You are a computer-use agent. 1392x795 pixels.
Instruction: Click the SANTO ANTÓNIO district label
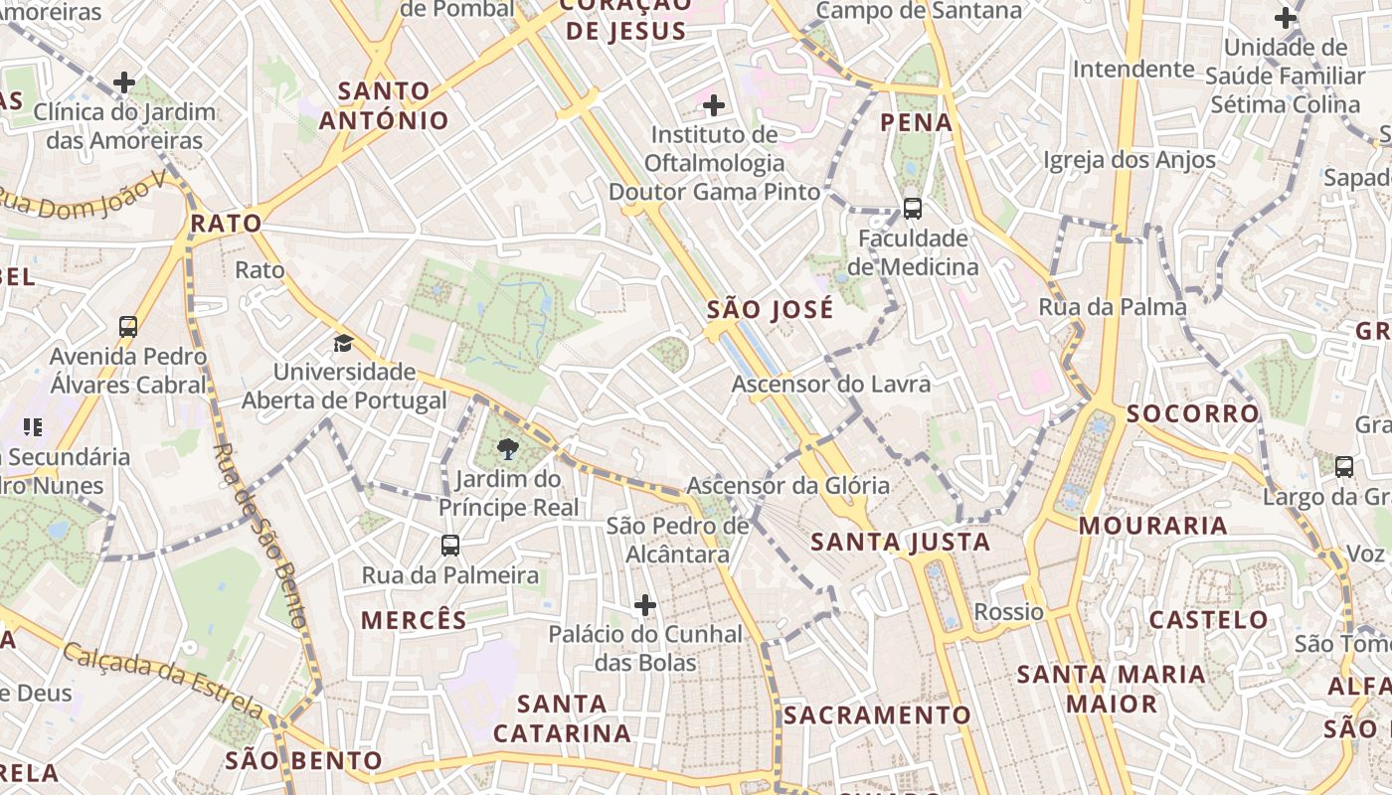(384, 105)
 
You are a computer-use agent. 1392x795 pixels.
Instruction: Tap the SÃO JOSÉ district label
(770, 309)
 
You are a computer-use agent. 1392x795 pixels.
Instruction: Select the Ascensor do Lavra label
(831, 384)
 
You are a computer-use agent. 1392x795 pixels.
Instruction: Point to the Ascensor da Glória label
(787, 486)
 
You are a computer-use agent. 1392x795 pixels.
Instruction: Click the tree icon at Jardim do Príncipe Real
(508, 449)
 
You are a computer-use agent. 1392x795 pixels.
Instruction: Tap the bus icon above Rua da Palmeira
(450, 545)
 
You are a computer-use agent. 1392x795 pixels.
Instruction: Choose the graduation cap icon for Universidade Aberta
(343, 343)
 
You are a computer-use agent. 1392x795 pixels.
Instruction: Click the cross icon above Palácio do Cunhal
(645, 604)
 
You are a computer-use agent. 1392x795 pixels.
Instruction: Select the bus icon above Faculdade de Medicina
(912, 208)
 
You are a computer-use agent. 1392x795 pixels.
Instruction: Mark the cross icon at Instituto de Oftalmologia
(713, 104)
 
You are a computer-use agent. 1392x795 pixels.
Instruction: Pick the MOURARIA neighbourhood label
(1153, 526)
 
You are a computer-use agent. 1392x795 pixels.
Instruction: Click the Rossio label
(1008, 611)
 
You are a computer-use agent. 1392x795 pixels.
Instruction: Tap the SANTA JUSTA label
(900, 542)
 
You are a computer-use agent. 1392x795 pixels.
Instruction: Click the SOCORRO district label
(1193, 413)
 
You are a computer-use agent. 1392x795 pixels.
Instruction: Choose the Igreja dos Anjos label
(1129, 160)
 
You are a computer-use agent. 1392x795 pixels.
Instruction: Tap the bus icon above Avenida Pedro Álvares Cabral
(128, 326)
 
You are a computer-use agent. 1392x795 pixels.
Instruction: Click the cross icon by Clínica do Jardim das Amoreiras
(124, 82)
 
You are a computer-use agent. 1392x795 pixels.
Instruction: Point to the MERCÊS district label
(414, 620)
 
